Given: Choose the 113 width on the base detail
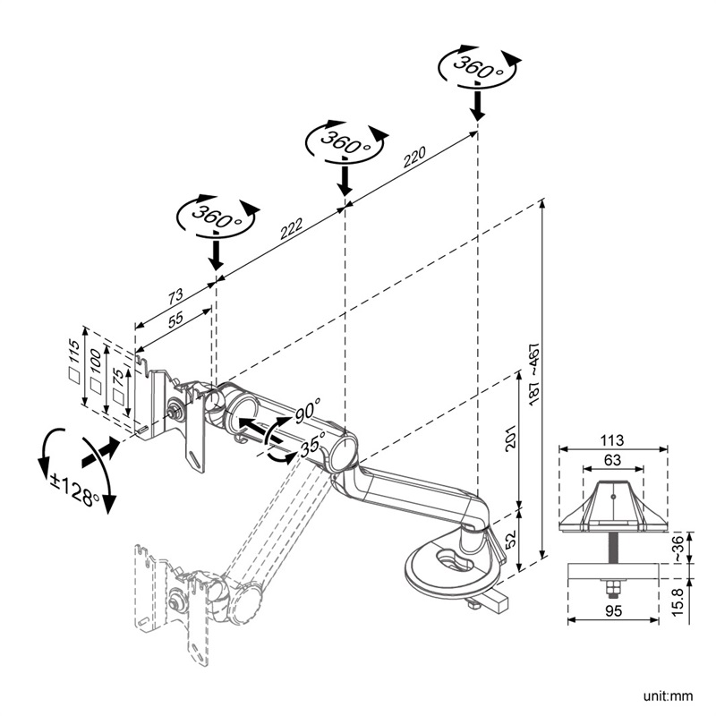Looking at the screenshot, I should click(x=613, y=439).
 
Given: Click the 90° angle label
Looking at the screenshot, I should click(x=307, y=413).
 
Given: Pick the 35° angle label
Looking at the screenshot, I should click(x=312, y=444).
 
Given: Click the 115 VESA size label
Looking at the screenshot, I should click(x=74, y=357).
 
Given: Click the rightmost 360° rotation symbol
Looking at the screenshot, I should click(x=477, y=67).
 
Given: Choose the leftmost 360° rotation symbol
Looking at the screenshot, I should click(x=215, y=217).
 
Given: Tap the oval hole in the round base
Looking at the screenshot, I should click(x=457, y=562).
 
